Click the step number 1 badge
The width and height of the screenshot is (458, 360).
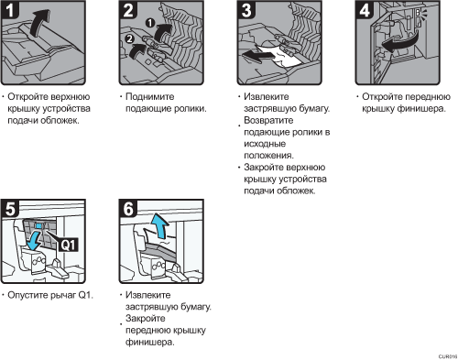[10, 10]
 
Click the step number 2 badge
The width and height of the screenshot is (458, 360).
[128, 10]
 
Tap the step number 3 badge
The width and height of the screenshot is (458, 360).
[246, 10]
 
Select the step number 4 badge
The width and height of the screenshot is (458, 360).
[365, 10]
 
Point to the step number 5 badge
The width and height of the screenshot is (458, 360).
[10, 209]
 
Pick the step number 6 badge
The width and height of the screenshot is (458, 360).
[128, 209]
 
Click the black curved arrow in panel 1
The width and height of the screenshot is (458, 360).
[40, 22]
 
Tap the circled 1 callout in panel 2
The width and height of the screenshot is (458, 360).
[149, 23]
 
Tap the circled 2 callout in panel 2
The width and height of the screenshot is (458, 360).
[130, 38]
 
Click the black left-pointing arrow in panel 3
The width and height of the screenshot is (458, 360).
[258, 56]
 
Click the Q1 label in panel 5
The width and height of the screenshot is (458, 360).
[69, 245]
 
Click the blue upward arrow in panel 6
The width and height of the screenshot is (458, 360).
[160, 225]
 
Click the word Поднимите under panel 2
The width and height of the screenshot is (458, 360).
[150, 97]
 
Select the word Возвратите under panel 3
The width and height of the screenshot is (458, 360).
[268, 120]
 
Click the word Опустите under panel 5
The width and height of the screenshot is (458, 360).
[27, 295]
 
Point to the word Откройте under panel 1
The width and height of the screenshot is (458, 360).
[27, 97]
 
